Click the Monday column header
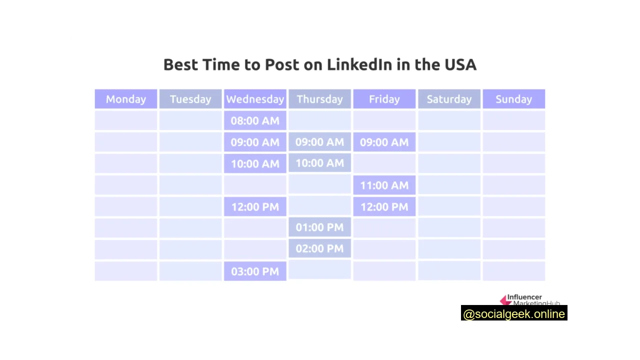click(126, 99)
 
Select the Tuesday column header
click(190, 99)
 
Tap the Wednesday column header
click(255, 99)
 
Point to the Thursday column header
click(319, 99)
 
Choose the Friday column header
click(384, 99)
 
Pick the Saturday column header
click(449, 99)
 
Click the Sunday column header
click(513, 99)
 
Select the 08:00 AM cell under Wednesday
click(255, 120)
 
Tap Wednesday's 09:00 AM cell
click(255, 142)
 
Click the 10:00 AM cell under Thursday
click(319, 163)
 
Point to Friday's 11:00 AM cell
click(384, 185)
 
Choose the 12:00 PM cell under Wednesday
click(255, 206)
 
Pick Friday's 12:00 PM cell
click(384, 206)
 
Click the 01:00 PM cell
click(319, 227)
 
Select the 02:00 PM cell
click(319, 248)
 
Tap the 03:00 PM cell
click(255, 271)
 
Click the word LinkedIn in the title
click(359, 64)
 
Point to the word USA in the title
click(460, 64)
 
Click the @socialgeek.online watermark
click(514, 314)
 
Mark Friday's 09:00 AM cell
click(384, 142)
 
